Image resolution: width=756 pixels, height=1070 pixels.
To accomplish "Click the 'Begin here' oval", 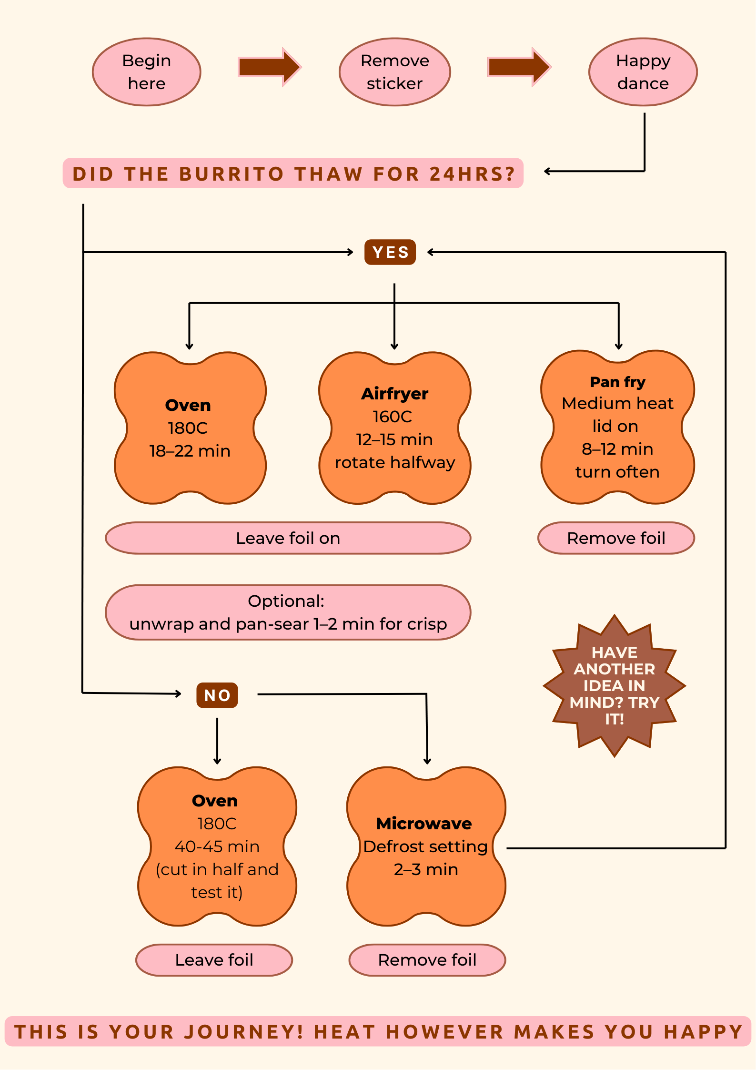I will (147, 72).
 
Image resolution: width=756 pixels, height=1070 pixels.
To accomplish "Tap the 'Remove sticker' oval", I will (394, 72).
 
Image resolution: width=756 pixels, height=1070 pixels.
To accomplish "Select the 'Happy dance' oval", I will (643, 72).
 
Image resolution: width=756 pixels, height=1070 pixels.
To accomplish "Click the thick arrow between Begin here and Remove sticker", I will (269, 67).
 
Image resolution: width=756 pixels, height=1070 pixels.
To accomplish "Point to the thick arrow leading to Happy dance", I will (519, 67).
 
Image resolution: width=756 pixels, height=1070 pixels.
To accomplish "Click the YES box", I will (390, 252).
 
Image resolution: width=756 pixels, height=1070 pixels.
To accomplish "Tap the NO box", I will (217, 695).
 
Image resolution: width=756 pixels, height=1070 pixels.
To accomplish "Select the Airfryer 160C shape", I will (394, 428).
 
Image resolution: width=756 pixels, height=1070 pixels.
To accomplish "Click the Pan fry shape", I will (617, 427).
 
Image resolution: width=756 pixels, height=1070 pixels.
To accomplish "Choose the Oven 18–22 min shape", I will (190, 428).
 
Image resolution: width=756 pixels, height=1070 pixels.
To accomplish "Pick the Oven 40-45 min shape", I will (217, 846).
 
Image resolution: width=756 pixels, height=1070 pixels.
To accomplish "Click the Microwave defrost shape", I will (426, 846).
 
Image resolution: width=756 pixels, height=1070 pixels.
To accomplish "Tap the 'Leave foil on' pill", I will (288, 538).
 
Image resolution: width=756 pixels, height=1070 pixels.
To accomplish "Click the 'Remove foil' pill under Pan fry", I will (616, 538).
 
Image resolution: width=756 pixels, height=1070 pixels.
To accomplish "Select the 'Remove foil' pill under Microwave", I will (427, 960).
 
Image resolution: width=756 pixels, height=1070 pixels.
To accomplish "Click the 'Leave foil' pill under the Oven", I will (214, 960).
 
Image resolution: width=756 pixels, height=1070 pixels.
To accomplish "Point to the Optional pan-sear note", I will (288, 612).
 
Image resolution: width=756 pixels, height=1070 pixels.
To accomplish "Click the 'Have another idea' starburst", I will (615, 685).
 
